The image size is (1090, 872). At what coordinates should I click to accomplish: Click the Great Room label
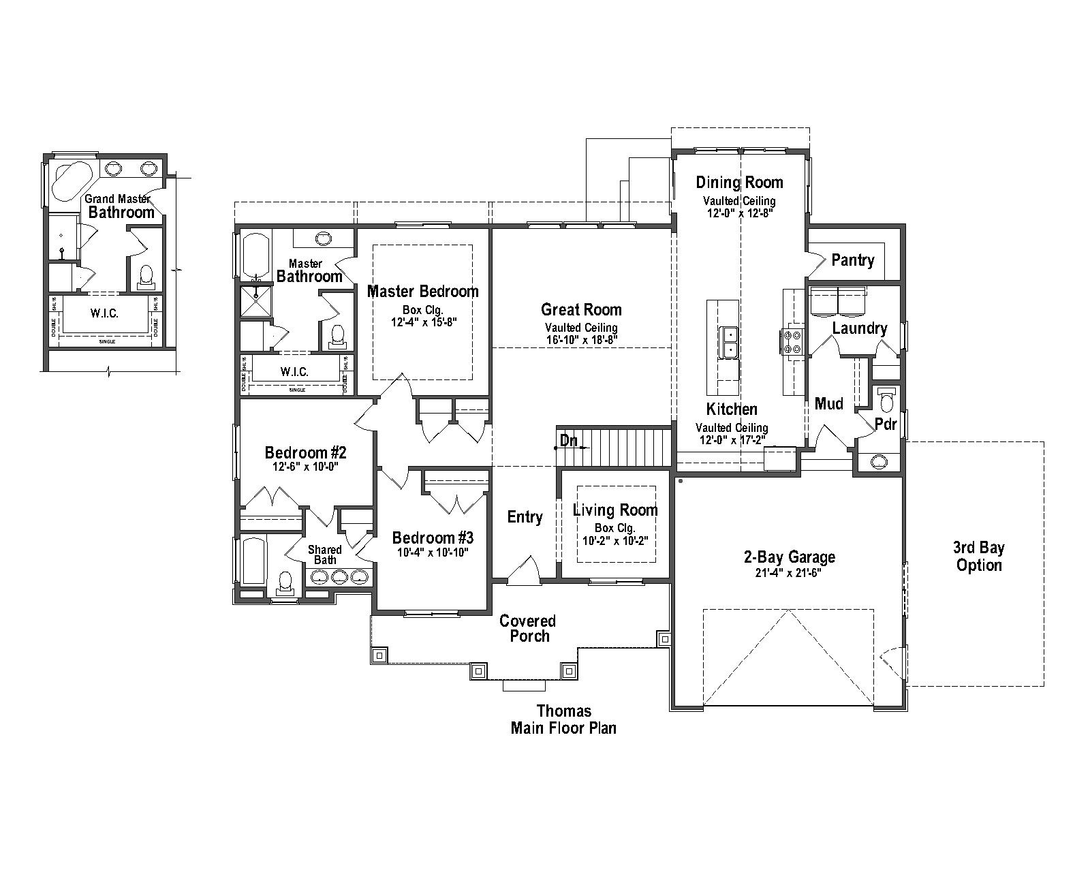(581, 310)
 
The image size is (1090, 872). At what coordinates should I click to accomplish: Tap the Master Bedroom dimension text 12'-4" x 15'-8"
(423, 322)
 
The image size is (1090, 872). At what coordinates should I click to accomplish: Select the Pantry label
(852, 260)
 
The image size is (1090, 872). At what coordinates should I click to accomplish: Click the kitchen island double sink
(730, 342)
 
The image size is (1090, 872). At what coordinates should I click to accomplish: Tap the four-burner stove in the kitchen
(792, 341)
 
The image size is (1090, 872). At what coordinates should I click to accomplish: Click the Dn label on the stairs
(568, 441)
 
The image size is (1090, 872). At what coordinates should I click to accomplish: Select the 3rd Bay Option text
(978, 556)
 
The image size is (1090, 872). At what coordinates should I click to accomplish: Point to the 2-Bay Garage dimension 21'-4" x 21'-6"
(789, 573)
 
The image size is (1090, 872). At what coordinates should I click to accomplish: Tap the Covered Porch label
(527, 628)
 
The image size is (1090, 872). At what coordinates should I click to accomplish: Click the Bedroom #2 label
(306, 452)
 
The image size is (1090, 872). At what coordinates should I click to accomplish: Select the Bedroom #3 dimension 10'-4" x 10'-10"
(433, 552)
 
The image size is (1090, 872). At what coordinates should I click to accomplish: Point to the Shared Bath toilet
(285, 581)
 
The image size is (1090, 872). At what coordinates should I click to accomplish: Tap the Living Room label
(615, 510)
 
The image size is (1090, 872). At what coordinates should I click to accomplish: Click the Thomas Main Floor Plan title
(563, 719)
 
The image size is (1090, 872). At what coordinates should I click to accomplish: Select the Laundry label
(859, 328)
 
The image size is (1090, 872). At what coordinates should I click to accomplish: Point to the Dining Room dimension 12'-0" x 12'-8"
(739, 212)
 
